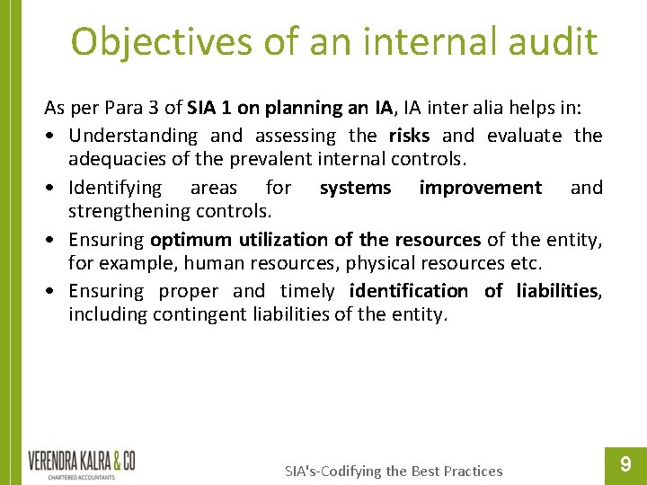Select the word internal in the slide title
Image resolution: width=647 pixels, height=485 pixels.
[402, 42]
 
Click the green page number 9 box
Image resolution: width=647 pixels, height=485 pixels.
[625, 463]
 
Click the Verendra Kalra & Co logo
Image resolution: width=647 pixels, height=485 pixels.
[82, 463]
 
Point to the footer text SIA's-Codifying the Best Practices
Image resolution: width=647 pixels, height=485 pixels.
[394, 471]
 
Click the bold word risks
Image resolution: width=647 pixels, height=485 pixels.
[409, 136]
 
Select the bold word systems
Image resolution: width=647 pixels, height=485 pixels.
[355, 188]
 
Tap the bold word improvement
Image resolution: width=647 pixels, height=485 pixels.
[481, 188]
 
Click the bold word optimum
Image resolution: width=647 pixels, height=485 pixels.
[191, 240]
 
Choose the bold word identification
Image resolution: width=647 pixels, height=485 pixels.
[408, 291]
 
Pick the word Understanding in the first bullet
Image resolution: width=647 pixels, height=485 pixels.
[132, 136]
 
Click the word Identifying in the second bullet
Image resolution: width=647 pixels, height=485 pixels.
[115, 188]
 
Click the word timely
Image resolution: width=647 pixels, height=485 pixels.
[307, 291]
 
